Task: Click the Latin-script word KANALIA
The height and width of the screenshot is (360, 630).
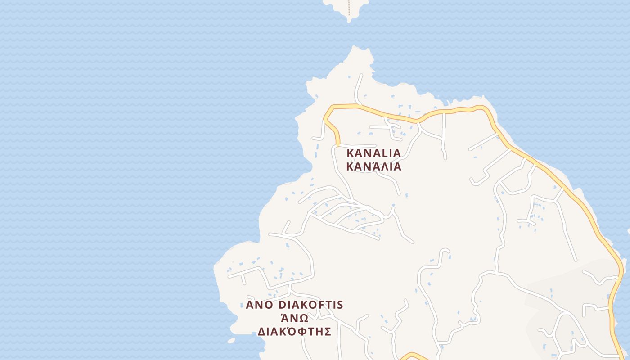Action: click(x=373, y=153)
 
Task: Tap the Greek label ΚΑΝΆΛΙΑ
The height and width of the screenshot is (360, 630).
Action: click(x=373, y=166)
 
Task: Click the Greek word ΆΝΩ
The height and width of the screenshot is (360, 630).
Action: click(x=295, y=318)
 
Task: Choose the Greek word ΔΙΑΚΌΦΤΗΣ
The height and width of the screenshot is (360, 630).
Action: click(x=295, y=332)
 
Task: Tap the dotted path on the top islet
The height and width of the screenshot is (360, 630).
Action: click(x=349, y=9)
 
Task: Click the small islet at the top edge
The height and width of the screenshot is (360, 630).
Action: click(x=342, y=7)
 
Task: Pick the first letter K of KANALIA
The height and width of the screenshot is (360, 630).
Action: click(x=351, y=153)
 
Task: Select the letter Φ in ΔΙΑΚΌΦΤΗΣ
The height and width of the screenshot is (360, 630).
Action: click(x=304, y=332)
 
